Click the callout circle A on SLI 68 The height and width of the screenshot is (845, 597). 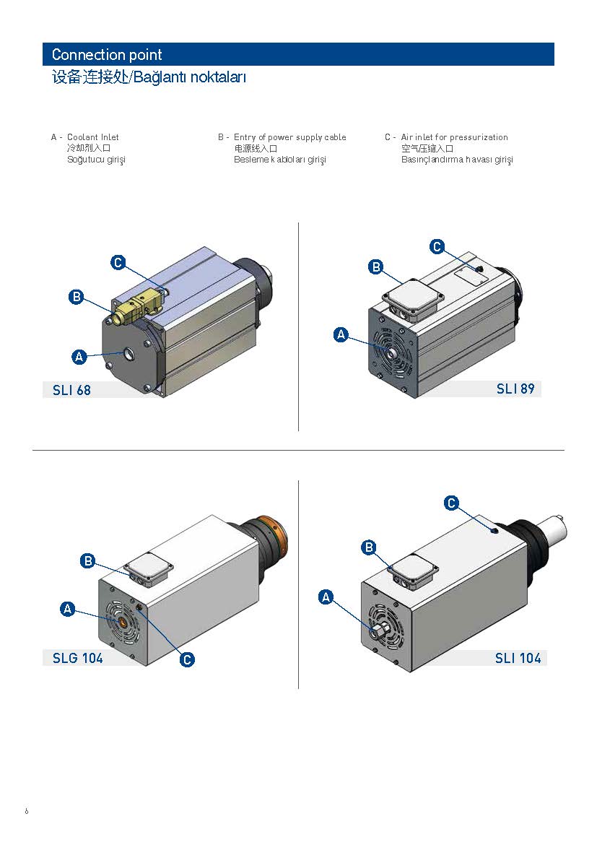79,357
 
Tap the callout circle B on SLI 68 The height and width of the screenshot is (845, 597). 77,296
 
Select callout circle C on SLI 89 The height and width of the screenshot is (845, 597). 437,247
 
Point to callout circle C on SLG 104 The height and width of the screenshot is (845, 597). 187,659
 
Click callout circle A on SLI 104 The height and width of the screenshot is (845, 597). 326,597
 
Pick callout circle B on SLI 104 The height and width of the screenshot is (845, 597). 369,547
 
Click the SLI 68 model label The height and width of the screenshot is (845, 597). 71,390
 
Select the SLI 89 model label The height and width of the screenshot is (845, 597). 515,389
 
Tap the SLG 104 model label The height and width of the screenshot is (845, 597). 77,658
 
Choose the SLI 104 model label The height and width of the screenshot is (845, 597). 518,658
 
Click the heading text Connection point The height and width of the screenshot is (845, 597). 107,54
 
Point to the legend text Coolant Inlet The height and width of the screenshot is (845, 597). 92,137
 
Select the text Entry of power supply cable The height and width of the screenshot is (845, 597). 290,137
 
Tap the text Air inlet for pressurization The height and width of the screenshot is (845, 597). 454,137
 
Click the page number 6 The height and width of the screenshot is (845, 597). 27,811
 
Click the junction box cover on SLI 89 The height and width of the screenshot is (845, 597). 413,296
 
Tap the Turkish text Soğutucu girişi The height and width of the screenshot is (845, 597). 96,160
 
